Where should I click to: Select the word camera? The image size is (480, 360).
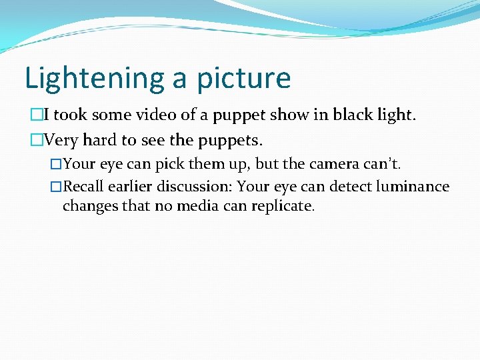pos(339,164)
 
